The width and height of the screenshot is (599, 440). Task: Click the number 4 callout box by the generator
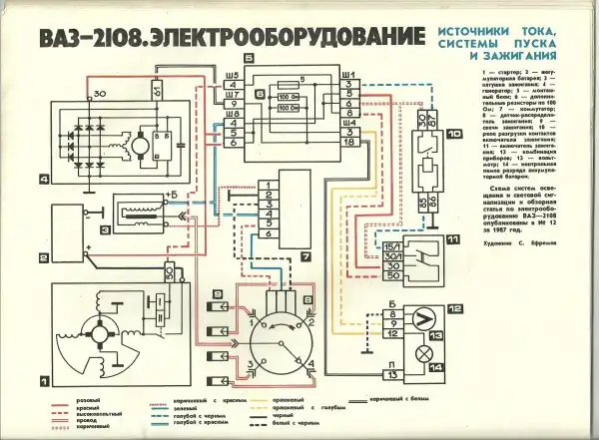[17, 181]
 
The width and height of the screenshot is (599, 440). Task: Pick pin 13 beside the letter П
[393, 372]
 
